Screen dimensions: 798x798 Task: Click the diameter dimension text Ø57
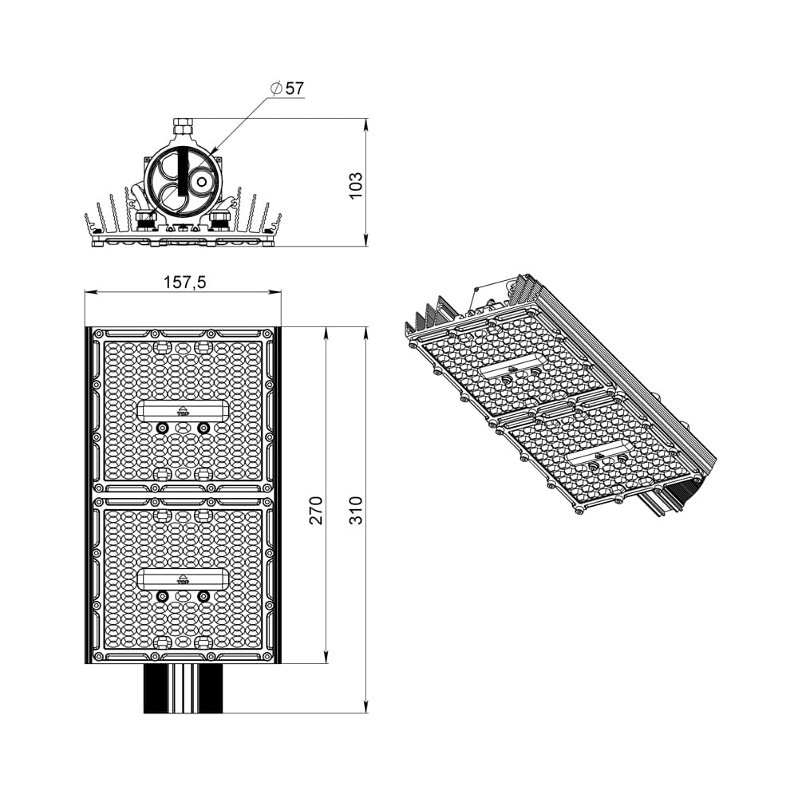point(288,89)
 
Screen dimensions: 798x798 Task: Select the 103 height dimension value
point(357,184)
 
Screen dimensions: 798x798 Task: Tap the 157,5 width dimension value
point(185,282)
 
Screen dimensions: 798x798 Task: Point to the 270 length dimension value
point(317,510)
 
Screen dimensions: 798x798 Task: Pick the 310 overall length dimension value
point(356,510)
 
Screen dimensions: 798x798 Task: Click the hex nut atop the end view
point(183,125)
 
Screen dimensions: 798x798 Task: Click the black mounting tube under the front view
point(184,688)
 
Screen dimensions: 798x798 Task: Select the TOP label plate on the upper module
point(183,410)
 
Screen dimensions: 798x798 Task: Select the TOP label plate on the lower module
point(183,578)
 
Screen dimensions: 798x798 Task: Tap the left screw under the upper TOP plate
point(163,429)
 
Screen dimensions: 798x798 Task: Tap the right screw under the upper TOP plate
point(203,429)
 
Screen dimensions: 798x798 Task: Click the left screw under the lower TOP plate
point(163,596)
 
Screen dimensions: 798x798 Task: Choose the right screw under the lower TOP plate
point(203,596)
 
